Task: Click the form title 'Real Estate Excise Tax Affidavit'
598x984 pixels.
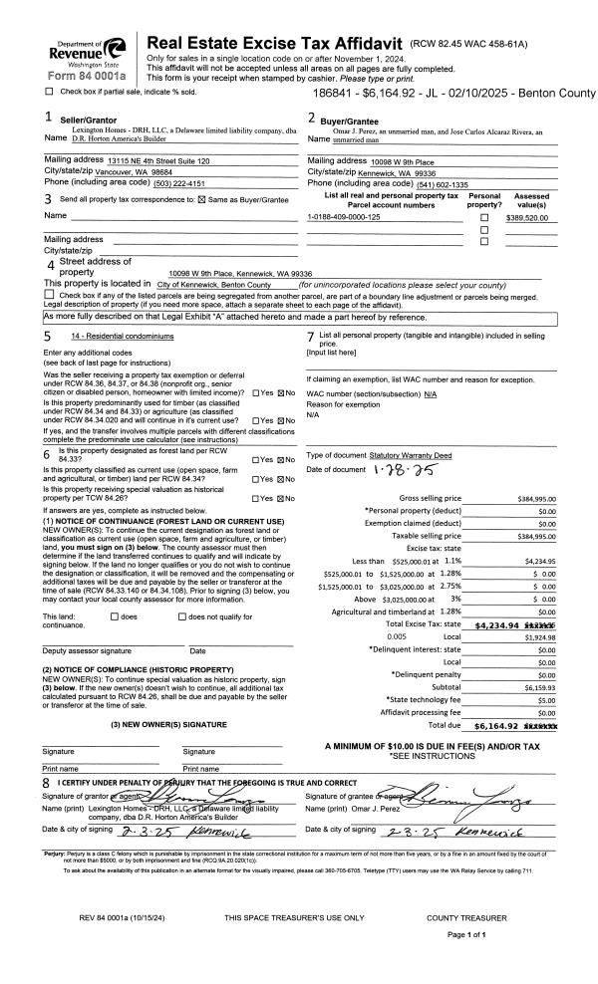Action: [274, 44]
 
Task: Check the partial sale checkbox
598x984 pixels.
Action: [50, 92]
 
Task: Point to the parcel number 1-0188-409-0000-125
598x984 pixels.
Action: [345, 216]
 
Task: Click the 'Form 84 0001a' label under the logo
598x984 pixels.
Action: [86, 76]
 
